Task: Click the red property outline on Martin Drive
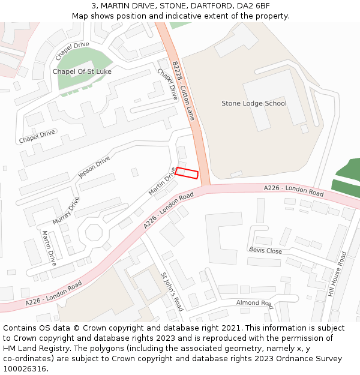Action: [x=187, y=173]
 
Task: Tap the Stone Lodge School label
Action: [x=254, y=103]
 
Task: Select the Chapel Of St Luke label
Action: [x=82, y=71]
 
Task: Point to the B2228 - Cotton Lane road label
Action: [x=183, y=91]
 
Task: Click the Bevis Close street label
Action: [x=265, y=250]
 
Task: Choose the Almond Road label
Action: [x=254, y=304]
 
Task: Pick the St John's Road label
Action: [x=172, y=292]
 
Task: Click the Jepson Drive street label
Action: [x=94, y=167]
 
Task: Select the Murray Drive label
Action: [x=65, y=211]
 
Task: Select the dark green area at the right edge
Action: [x=348, y=177]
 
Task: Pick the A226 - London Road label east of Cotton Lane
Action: [x=293, y=191]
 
